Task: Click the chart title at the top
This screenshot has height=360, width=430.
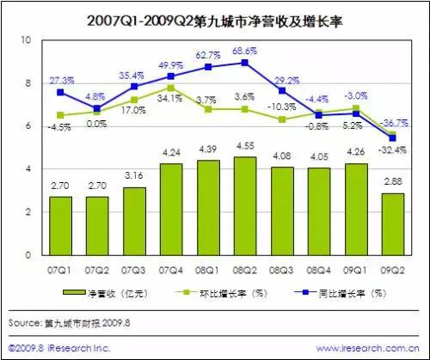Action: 215,17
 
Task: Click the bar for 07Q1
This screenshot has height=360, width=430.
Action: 60,226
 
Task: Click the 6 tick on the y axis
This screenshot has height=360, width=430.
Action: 28,126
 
